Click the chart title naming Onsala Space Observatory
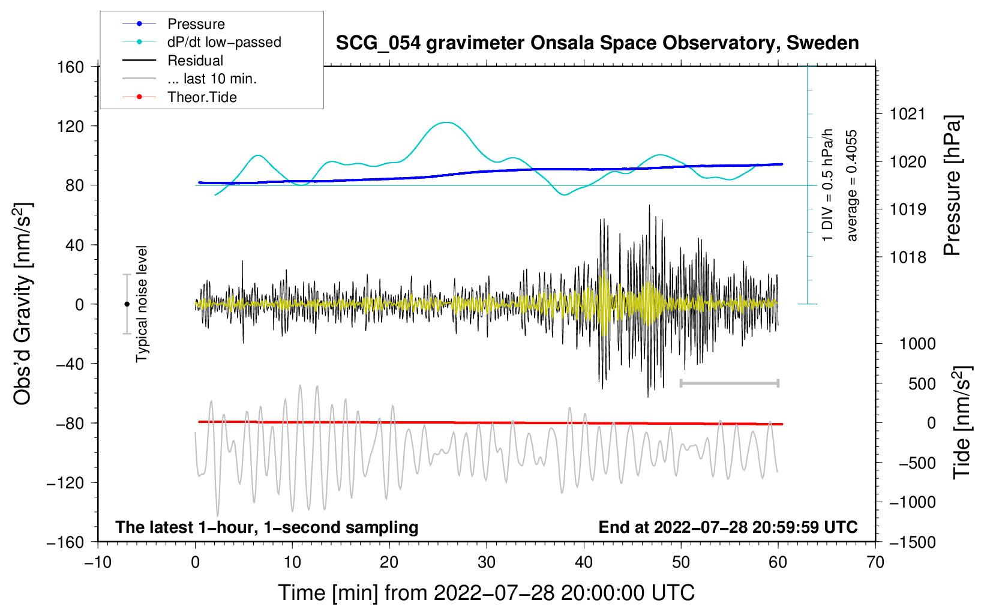(x=597, y=43)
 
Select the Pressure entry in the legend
(x=174, y=23)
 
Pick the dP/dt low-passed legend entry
(x=202, y=42)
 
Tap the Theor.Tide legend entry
(x=179, y=97)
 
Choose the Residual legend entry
(x=173, y=61)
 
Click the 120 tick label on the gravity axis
(x=71, y=127)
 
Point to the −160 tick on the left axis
(x=65, y=542)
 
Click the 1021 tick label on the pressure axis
(x=908, y=115)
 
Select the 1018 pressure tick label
(x=908, y=257)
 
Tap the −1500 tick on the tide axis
(x=913, y=542)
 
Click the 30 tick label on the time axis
(x=487, y=562)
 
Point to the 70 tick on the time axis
(x=875, y=562)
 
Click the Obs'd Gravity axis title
(x=23, y=304)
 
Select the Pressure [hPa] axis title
(x=952, y=185)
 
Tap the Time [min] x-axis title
(x=486, y=593)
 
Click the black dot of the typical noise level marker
(x=127, y=304)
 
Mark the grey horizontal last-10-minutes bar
(x=729, y=383)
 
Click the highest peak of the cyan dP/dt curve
(x=446, y=122)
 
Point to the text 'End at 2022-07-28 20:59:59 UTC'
(x=728, y=527)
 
